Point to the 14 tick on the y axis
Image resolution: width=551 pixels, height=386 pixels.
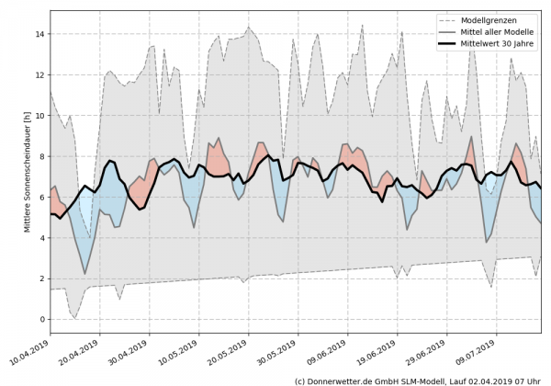[39, 34]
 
